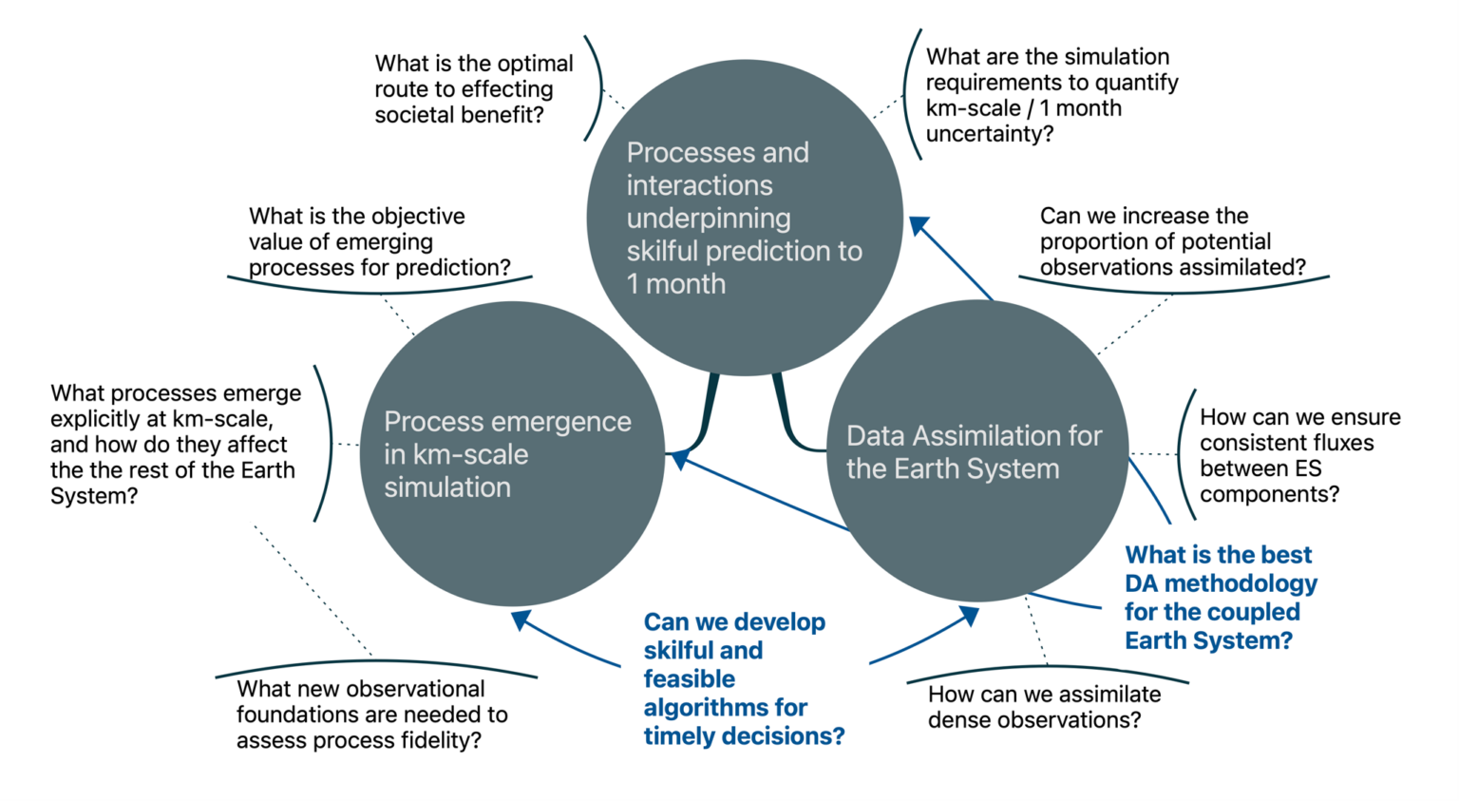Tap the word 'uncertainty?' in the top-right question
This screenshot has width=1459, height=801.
tap(990, 134)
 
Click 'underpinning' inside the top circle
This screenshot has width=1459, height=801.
tap(708, 219)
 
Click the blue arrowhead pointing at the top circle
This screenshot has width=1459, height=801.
tap(919, 226)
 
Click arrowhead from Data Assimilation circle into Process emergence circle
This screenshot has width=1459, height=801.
tap(679, 460)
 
